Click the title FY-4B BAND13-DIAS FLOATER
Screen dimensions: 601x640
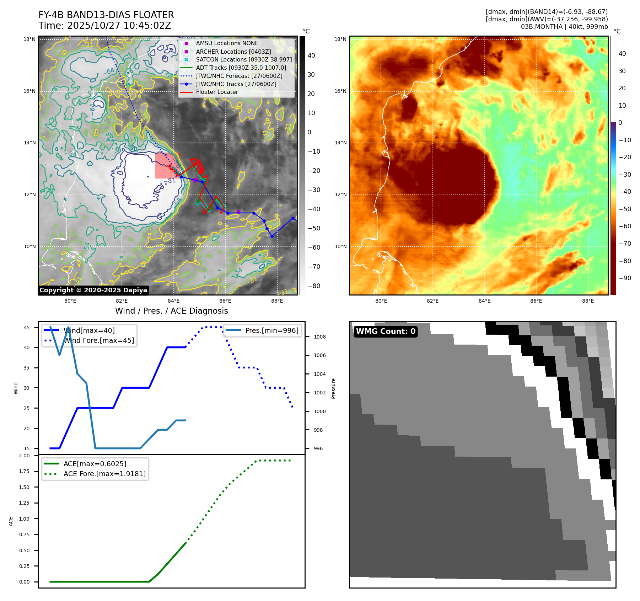tap(106, 15)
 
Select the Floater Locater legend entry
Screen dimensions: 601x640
tap(217, 92)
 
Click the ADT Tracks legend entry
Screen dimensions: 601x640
tap(241, 68)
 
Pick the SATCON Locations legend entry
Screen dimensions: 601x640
tap(244, 59)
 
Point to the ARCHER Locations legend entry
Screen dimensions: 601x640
tap(233, 52)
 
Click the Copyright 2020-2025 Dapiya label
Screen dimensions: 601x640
tap(93, 290)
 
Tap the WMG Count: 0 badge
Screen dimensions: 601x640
tap(386, 331)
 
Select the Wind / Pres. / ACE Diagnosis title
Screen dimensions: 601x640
tap(171, 311)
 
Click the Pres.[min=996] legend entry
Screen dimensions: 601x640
tap(272, 330)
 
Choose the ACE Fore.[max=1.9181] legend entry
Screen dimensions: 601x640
tap(104, 474)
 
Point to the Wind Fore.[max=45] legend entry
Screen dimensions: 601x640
tap(98, 340)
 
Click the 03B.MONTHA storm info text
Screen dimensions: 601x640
tap(564, 27)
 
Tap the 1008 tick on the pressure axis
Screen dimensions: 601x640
tap(319, 337)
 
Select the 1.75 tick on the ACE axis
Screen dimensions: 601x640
tap(24, 471)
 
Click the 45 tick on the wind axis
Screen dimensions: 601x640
tap(27, 328)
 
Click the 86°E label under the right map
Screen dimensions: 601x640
tap(536, 301)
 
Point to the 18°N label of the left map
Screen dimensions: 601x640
tap(29, 39)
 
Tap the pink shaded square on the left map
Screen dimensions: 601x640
tap(167, 166)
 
